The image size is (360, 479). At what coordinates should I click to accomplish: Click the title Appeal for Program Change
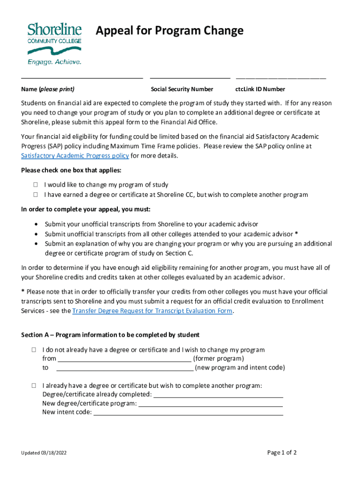tap(169, 31)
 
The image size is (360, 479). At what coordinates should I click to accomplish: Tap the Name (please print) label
tap(48, 89)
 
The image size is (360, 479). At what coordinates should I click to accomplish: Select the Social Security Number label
tap(182, 89)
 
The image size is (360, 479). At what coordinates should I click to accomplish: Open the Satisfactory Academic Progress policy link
tap(75, 155)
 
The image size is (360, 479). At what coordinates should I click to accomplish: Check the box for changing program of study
tap(36, 185)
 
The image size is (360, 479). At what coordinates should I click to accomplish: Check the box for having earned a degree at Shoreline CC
tap(36, 195)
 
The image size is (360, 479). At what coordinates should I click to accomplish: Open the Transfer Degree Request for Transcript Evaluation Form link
tap(152, 311)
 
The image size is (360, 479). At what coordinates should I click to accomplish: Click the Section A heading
tap(110, 335)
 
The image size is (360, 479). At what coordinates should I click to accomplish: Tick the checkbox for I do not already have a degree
tap(34, 350)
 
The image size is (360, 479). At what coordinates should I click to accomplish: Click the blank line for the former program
tap(124, 359)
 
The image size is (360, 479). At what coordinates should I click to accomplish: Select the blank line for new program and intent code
tap(124, 368)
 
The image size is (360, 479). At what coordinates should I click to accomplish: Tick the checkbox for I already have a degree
tap(34, 386)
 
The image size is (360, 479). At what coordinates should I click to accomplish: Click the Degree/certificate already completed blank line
tap(218, 395)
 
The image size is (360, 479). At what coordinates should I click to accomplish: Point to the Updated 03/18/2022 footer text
tap(47, 453)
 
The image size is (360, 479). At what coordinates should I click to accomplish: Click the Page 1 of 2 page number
tap(282, 452)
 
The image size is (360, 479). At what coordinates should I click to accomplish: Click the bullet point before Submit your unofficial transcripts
tap(36, 225)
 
